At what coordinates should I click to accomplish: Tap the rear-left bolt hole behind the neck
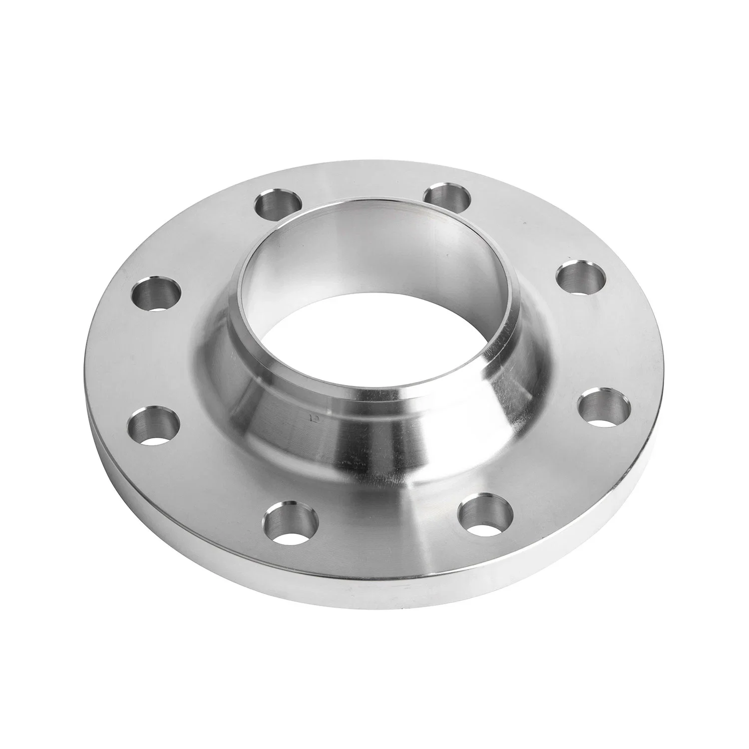click(x=279, y=204)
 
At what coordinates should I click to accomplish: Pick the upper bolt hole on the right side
click(x=580, y=277)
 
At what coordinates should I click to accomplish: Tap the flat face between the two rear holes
click(x=365, y=185)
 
